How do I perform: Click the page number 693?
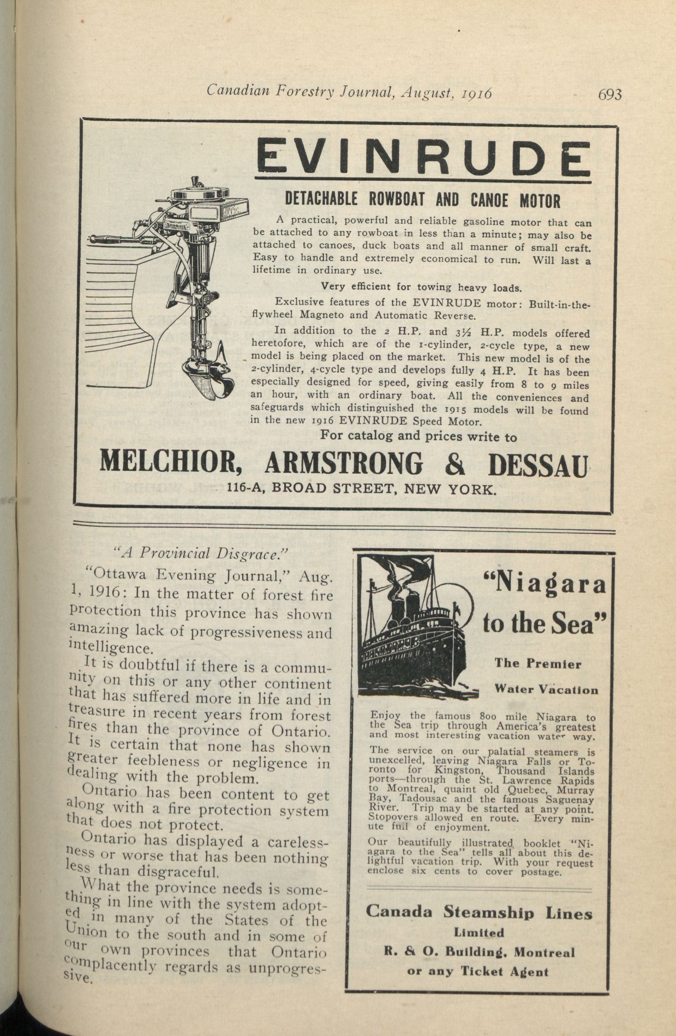tap(610, 95)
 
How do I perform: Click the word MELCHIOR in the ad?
tap(171, 464)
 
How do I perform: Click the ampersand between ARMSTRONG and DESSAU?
tap(455, 464)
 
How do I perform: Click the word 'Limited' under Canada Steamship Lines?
tap(479, 933)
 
